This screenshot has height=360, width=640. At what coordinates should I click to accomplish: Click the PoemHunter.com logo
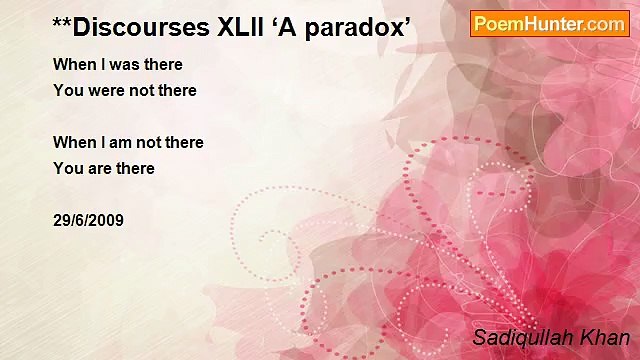[549, 24]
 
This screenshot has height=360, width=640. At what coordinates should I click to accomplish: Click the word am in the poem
[124, 143]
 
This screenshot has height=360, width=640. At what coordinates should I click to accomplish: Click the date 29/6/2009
[88, 221]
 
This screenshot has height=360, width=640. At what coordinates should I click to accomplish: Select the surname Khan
[606, 337]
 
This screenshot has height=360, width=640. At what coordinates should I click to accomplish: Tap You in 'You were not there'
[68, 91]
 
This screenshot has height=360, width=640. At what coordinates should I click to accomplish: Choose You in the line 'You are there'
[68, 169]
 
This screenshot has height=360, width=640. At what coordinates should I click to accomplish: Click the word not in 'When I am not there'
[153, 143]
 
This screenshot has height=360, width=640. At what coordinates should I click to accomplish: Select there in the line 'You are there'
[135, 169]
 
